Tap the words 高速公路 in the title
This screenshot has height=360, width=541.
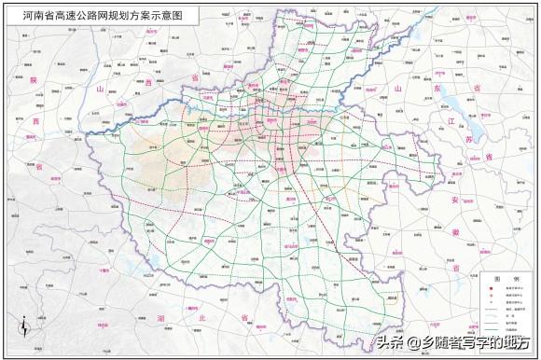[x=72, y=15]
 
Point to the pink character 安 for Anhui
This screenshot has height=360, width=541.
[x=456, y=201]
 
